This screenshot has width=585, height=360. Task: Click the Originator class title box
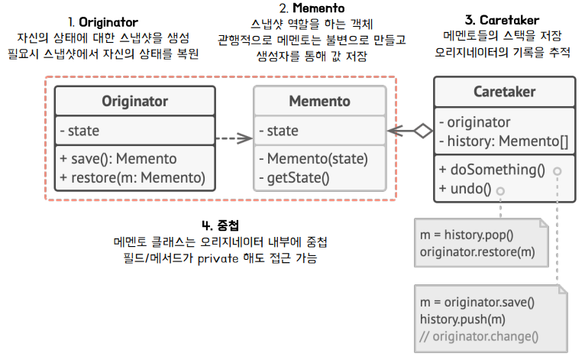tap(134, 102)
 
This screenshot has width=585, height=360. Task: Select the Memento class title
tap(319, 102)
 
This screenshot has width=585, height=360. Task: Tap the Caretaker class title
tap(503, 92)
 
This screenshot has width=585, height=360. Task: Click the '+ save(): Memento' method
tap(118, 159)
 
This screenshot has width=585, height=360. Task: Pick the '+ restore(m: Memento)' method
tap(133, 178)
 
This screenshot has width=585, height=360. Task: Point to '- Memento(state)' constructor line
tap(313, 159)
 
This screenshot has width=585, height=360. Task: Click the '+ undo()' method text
tap(465, 187)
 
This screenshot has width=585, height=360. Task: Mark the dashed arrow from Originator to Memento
tap(234, 138)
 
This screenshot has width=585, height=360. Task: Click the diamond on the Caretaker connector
tap(422, 131)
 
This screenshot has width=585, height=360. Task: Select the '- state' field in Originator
tap(79, 131)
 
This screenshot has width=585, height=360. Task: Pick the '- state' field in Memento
tap(278, 131)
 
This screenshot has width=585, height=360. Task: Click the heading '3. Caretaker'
tap(502, 21)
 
